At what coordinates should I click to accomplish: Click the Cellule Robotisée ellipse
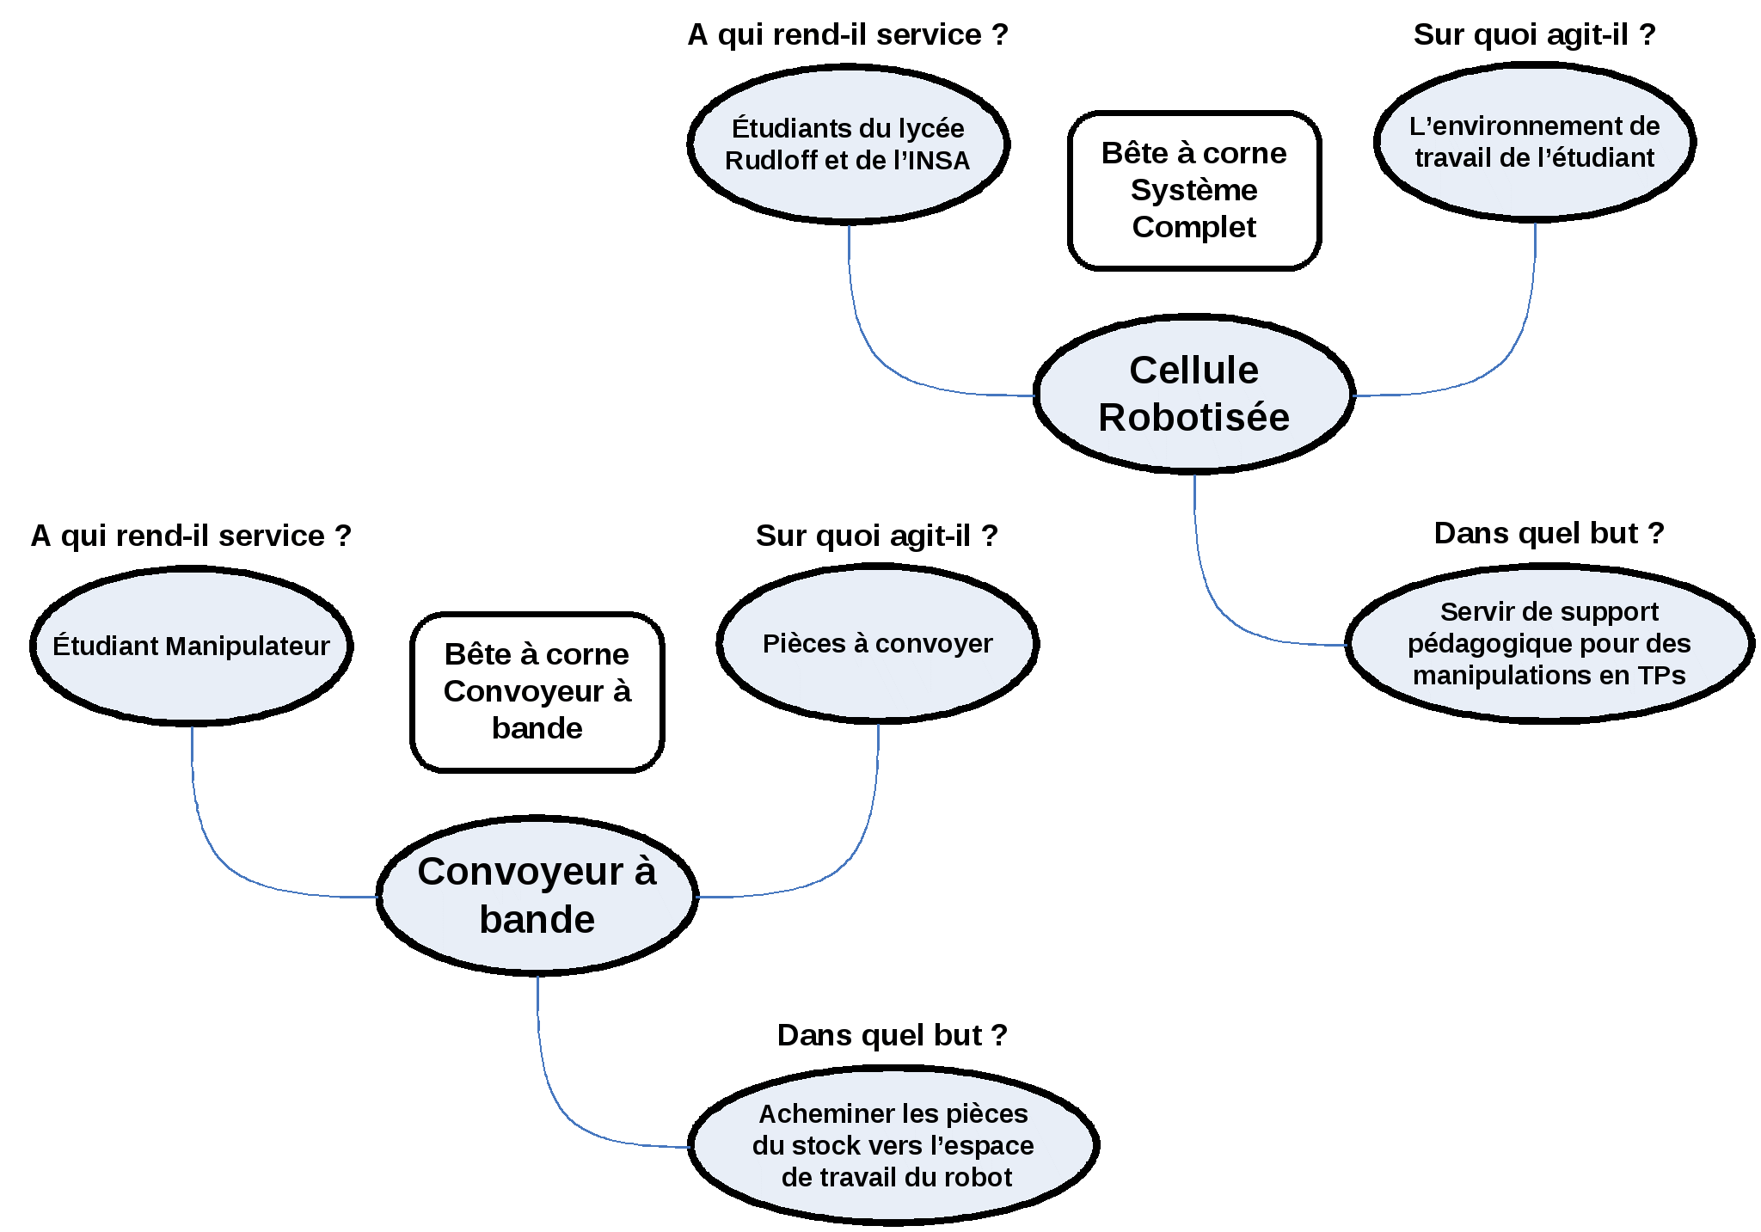1193,394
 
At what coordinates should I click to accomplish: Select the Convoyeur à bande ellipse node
537,895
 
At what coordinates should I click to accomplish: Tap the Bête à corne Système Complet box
1194,190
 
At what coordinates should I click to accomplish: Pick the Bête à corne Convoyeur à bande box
537,692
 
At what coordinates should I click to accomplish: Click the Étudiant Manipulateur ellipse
192,646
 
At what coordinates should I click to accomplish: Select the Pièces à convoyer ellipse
878,643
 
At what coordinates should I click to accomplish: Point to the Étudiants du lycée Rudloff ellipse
849,144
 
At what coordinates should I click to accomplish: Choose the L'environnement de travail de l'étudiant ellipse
1535,142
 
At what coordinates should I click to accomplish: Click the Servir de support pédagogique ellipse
1549,643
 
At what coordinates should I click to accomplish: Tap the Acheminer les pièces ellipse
893,1145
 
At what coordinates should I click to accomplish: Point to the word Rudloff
771,161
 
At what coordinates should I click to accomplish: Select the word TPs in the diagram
1661,676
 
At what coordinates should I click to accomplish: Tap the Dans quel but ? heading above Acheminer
893,1035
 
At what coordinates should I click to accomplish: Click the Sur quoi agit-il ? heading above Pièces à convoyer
877,536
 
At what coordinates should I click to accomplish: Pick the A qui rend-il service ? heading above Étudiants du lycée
848,34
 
